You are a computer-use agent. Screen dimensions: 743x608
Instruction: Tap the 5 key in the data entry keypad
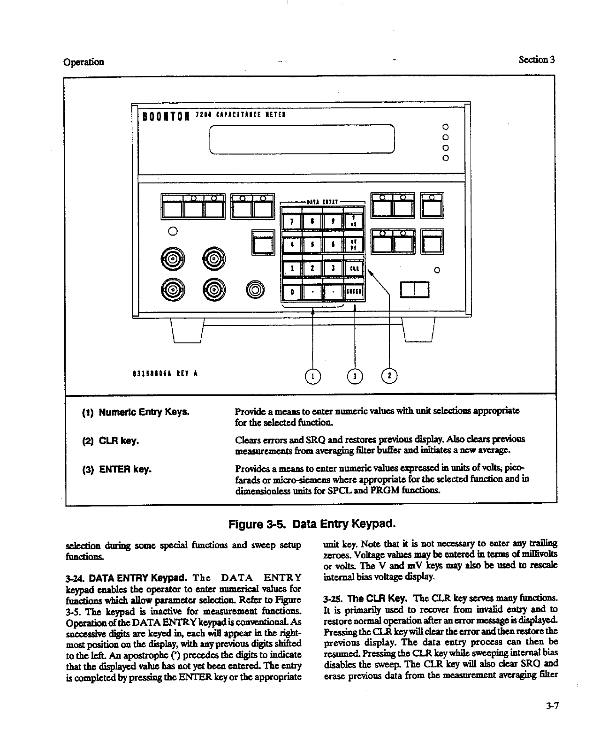click(x=312, y=244)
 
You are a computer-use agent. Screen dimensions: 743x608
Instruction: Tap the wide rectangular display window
click(x=302, y=138)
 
